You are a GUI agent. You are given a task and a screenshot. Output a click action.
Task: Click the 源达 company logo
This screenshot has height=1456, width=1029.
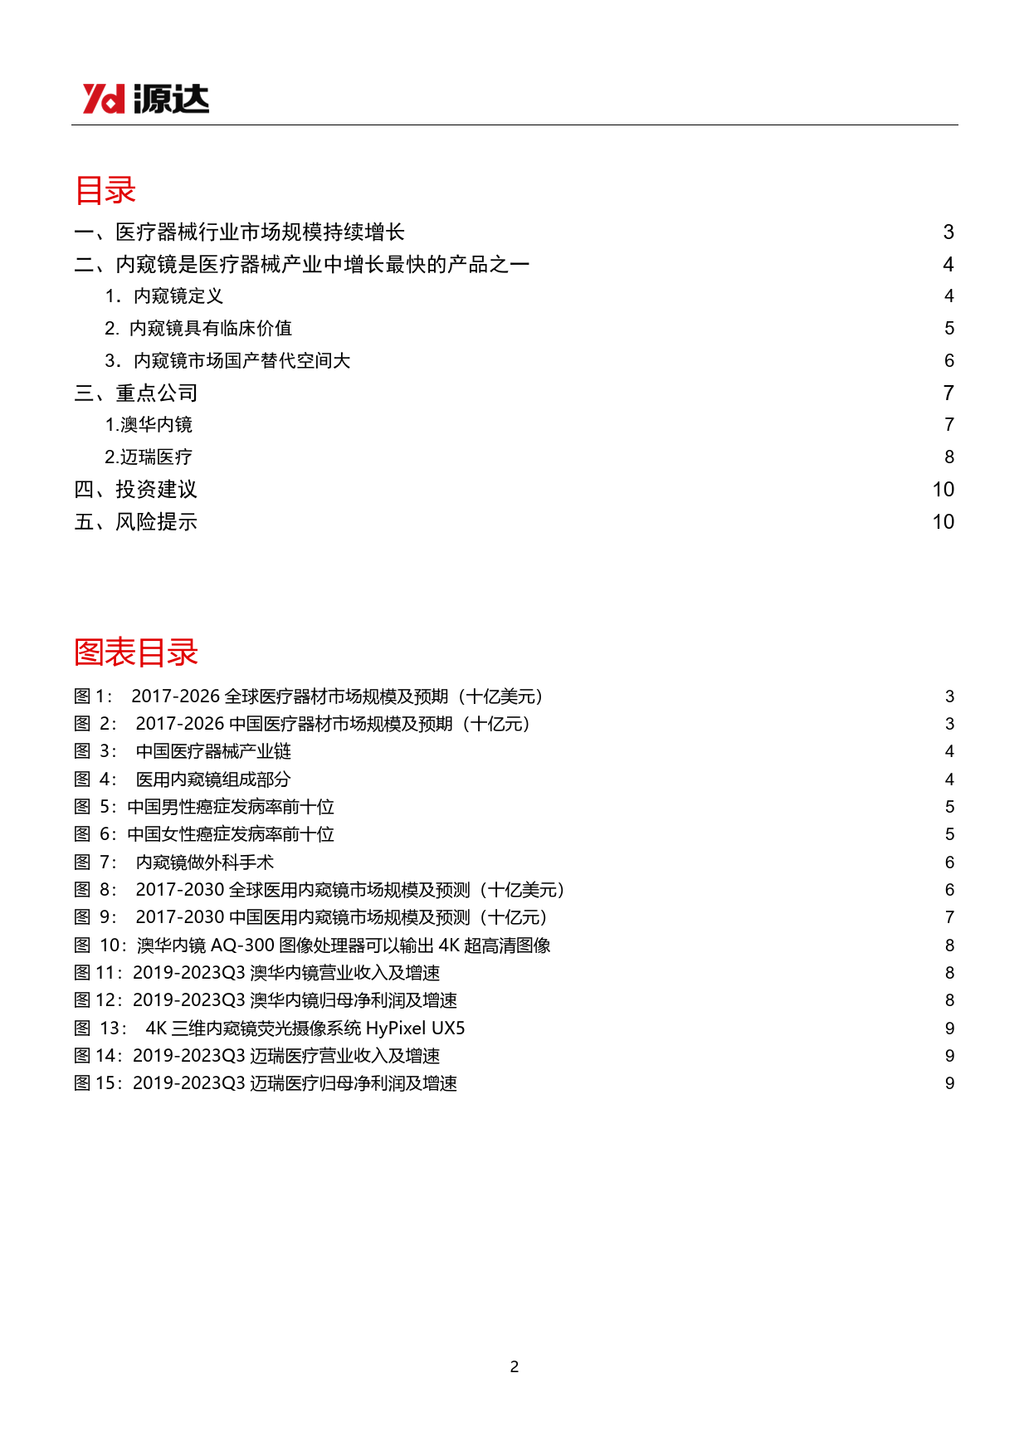click(x=145, y=99)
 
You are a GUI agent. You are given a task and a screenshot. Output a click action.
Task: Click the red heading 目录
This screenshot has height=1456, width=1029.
click(x=105, y=190)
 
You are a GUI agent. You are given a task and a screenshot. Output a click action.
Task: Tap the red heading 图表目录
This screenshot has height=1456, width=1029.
click(x=136, y=652)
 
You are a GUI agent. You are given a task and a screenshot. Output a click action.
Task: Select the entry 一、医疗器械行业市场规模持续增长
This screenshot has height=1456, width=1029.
click(x=239, y=232)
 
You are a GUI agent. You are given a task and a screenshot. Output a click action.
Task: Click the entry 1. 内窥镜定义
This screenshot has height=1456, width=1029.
click(x=164, y=296)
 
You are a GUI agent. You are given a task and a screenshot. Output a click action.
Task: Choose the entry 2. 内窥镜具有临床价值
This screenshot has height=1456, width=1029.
click(x=198, y=329)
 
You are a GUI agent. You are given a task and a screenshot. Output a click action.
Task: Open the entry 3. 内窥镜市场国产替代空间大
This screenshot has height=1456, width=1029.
click(x=227, y=361)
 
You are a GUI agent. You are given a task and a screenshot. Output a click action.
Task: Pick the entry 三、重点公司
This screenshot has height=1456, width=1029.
click(x=136, y=393)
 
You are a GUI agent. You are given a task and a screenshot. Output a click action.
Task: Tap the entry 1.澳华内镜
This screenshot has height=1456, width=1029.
click(x=149, y=425)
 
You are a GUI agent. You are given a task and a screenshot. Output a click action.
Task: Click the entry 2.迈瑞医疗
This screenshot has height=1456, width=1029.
click(x=149, y=457)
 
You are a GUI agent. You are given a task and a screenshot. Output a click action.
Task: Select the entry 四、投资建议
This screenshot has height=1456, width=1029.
click(x=136, y=490)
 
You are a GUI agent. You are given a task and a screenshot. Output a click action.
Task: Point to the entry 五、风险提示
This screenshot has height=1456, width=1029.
click(x=136, y=522)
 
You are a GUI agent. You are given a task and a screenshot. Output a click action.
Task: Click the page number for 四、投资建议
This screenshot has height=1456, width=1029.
click(x=943, y=490)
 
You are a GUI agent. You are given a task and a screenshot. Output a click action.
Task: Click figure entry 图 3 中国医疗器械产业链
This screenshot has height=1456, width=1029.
click(x=183, y=751)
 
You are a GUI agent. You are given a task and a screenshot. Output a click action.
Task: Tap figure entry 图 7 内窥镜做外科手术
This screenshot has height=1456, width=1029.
click(x=174, y=862)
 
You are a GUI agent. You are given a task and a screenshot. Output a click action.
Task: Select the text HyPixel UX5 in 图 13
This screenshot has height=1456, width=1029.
click(x=415, y=1028)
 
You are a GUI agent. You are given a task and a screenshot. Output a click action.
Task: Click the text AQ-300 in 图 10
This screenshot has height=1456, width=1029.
click(x=242, y=945)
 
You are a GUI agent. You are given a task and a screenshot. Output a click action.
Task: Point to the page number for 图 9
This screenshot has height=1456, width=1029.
click(x=949, y=917)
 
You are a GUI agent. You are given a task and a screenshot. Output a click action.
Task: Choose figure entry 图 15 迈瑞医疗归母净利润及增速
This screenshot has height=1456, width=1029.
click(x=266, y=1083)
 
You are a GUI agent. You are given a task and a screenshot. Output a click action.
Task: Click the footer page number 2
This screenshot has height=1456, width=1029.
click(x=514, y=1366)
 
